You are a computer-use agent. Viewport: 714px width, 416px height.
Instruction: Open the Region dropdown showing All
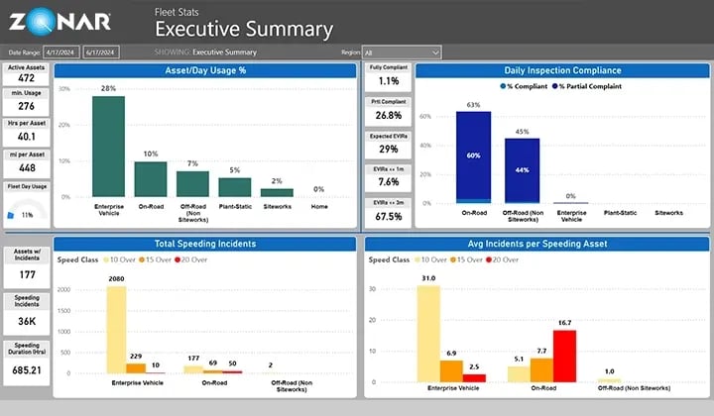coord(402,52)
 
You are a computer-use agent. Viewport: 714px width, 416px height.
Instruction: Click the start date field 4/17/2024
coord(62,52)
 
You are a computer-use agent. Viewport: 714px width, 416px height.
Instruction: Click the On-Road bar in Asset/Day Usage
coord(151,179)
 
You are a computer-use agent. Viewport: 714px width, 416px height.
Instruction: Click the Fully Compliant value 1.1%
coord(389,81)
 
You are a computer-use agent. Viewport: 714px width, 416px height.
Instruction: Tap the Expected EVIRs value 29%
coord(389,149)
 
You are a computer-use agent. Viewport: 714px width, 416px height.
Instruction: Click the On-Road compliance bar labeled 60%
coord(473,156)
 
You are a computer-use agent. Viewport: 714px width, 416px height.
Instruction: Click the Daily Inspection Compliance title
coord(561,70)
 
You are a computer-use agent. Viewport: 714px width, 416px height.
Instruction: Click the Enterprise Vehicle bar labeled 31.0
coord(427,333)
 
